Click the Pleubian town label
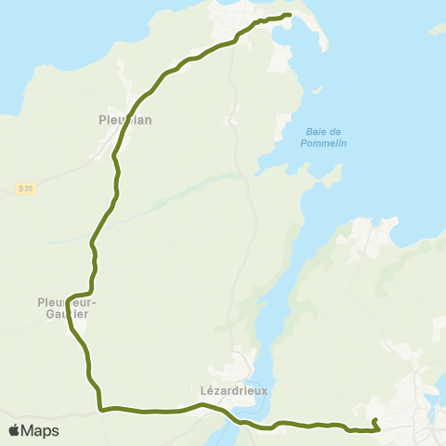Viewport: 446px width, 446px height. pos(125,119)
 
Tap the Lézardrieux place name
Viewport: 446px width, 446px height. pos(233,391)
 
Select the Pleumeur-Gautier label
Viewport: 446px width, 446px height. pos(68,308)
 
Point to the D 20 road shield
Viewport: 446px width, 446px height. pos(24,188)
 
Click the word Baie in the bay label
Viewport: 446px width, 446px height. pos(317,131)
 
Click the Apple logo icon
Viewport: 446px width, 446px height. pos(15,430)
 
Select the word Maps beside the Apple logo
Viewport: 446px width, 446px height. pos(40,430)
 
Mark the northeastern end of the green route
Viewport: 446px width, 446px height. pos(290,15)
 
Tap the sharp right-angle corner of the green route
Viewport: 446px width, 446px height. pos(99,408)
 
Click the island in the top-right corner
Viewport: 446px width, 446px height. pos(438,30)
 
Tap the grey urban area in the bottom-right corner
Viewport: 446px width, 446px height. pos(413,409)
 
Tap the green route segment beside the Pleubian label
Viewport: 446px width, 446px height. pos(120,139)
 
